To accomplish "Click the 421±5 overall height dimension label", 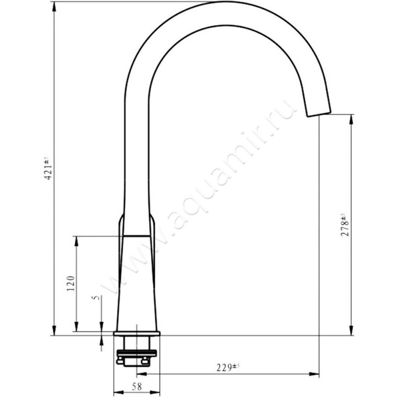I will coord(48,169).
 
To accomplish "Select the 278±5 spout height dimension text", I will coord(344,224).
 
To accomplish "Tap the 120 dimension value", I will coord(70,283).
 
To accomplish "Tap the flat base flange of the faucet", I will coord(137,333).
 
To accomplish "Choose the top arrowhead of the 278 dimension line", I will coord(351,119).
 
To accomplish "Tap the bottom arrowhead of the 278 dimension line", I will coord(351,332).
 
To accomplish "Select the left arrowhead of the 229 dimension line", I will coord(141,374).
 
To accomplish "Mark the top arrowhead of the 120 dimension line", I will coord(76,240).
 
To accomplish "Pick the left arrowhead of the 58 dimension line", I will coord(118,392).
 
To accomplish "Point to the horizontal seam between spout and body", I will coord(136,235).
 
